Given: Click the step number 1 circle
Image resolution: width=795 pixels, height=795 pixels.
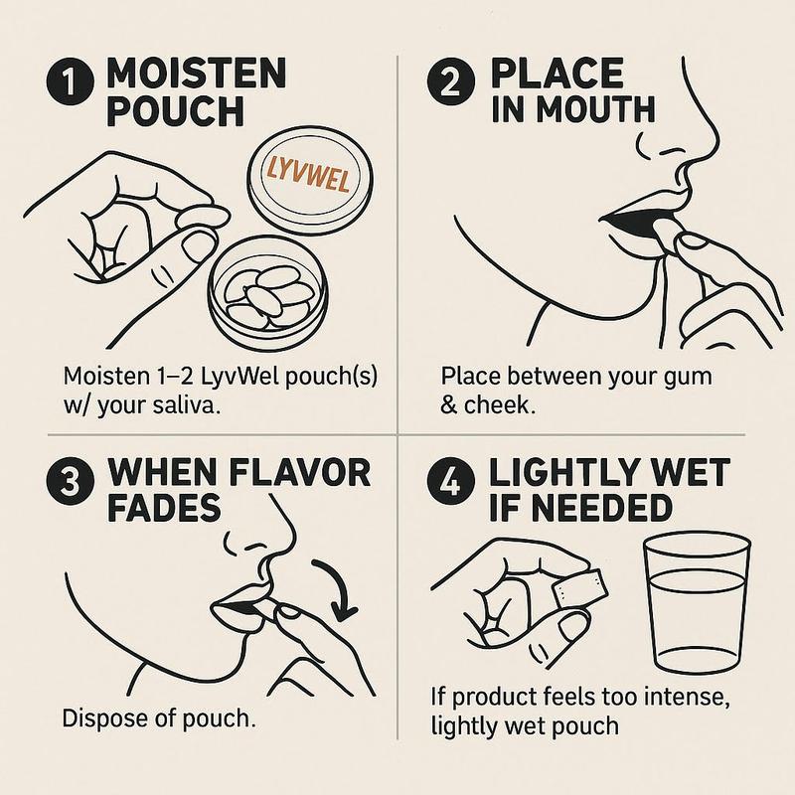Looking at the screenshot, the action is pos(70,81).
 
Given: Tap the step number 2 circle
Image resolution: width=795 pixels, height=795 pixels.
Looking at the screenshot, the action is pos(451,81).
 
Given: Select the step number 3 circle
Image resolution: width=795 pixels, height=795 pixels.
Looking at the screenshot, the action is pos(70,481).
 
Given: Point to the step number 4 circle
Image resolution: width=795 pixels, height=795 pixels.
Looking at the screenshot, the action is pos(451,481).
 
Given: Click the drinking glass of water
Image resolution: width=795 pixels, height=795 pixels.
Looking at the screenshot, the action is pos(697,603).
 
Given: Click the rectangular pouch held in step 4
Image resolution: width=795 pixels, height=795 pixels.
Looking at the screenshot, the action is pos(580,588).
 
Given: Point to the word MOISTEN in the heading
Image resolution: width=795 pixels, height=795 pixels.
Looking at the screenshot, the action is pos(197,74).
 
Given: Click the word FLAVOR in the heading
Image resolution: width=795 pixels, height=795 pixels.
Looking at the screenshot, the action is pos(300,473).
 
